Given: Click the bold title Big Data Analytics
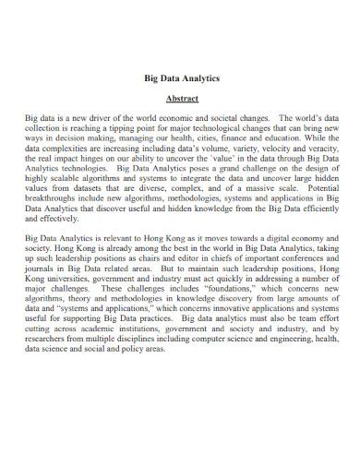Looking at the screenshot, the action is point(179,79).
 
